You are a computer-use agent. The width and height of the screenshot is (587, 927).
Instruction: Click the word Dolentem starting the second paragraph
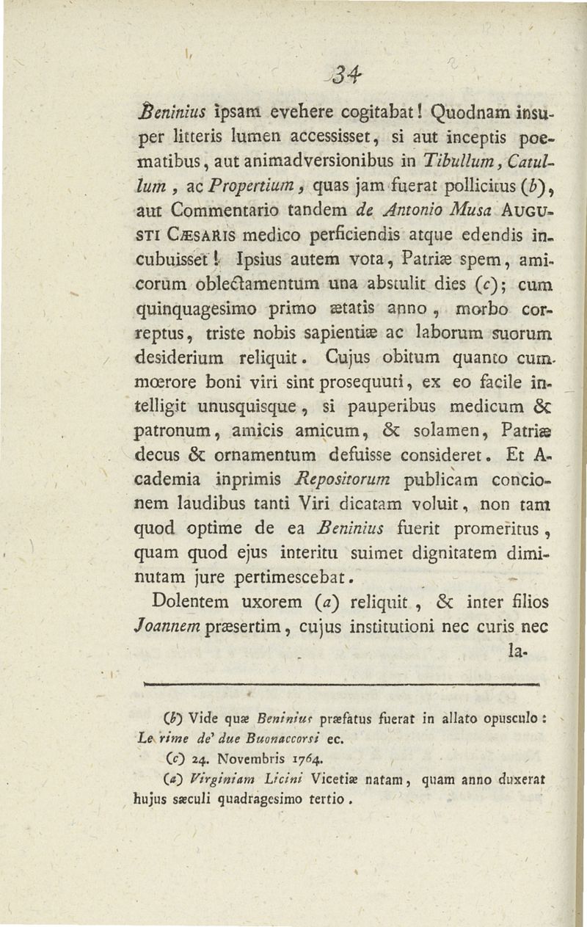click(x=193, y=602)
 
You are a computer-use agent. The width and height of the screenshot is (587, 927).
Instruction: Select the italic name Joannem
click(x=174, y=625)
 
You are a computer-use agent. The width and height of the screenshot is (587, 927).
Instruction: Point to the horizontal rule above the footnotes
click(x=343, y=685)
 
